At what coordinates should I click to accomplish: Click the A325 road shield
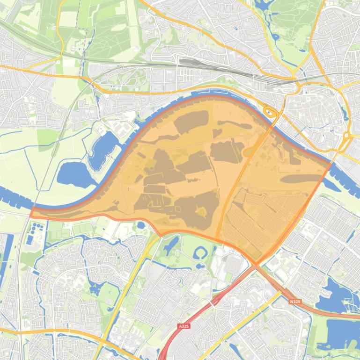[x=184, y=326]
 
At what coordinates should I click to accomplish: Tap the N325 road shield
[x=294, y=302]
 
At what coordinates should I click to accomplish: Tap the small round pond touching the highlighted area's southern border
[x=141, y=226]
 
